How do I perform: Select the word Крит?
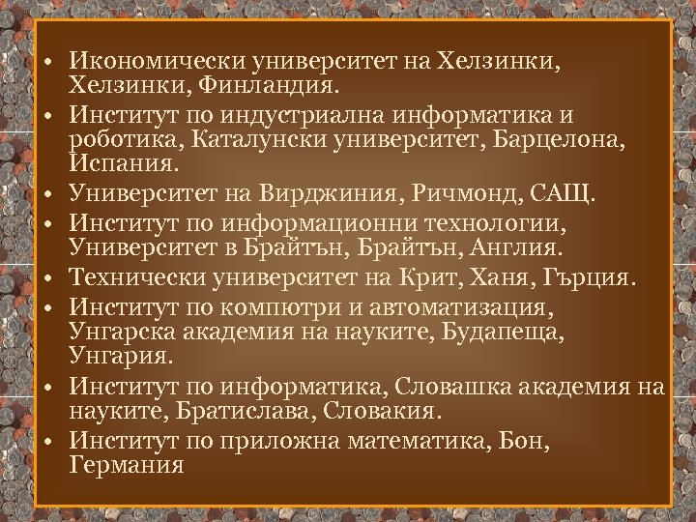[457, 280]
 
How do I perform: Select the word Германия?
[126, 467]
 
